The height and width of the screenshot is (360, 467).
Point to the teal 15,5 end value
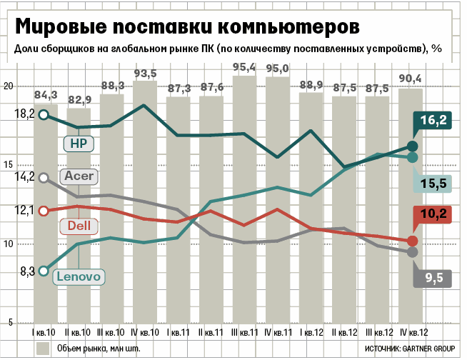[x=433, y=184]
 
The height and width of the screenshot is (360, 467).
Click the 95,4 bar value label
[x=244, y=68]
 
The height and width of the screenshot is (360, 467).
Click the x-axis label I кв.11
[x=179, y=332]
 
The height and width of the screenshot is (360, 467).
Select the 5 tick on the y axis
[x=10, y=323]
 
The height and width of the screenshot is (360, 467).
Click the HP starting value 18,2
[x=25, y=114]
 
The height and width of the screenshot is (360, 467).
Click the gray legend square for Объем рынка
[x=43, y=348]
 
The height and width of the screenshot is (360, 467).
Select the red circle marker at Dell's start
[x=44, y=211]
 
